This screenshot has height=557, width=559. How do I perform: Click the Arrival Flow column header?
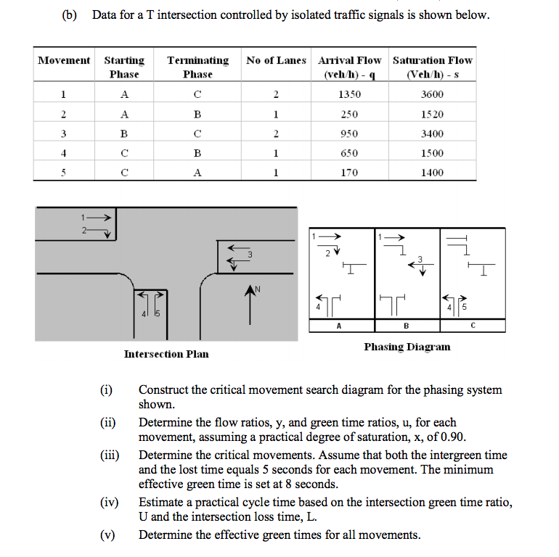click(x=350, y=67)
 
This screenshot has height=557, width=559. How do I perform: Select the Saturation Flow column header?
click(x=432, y=67)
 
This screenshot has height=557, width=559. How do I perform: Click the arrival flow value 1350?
click(x=350, y=94)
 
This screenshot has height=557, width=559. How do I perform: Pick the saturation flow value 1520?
click(x=432, y=114)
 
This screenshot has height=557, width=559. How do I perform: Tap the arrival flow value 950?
click(x=350, y=133)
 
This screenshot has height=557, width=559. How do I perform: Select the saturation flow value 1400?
click(x=432, y=173)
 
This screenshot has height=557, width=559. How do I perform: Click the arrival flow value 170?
click(x=350, y=173)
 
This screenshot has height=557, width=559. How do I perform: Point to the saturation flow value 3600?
click(x=432, y=94)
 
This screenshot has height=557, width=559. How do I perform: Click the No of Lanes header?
click(x=276, y=60)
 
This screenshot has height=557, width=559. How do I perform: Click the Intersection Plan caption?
click(x=166, y=354)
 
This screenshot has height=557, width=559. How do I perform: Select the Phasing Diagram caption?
click(x=407, y=347)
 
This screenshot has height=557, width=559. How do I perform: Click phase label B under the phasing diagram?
click(x=406, y=326)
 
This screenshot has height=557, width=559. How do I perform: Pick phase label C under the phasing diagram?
click(x=473, y=326)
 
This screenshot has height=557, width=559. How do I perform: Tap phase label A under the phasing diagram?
click(x=339, y=326)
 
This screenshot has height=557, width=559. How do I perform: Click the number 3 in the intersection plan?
click(x=249, y=254)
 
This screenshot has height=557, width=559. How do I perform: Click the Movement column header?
click(x=64, y=60)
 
